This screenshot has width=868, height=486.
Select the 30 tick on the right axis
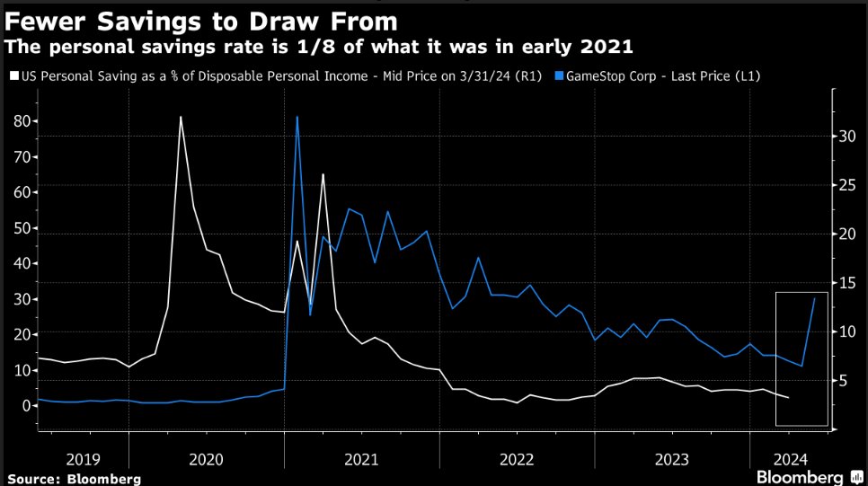click(847, 137)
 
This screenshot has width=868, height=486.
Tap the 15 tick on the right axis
click(847, 283)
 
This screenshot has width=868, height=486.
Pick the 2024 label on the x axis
click(790, 458)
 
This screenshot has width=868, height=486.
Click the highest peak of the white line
click(181, 117)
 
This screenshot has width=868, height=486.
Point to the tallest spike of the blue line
click(297, 117)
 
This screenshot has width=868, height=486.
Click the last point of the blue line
click(814, 298)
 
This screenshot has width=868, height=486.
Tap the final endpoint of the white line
click(788, 397)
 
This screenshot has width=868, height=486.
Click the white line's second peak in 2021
click(323, 174)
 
